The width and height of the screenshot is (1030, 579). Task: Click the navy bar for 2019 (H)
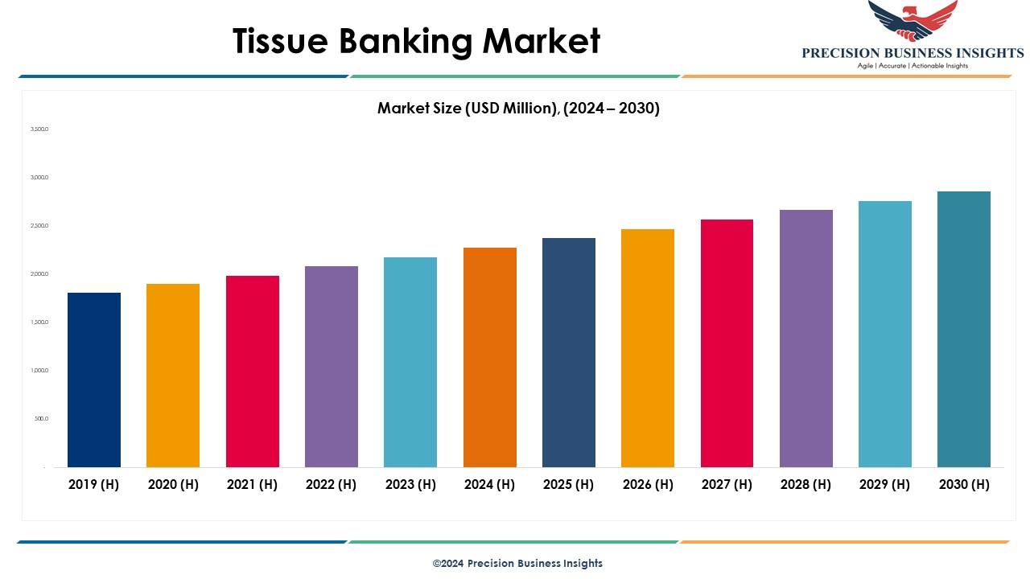[x=94, y=380]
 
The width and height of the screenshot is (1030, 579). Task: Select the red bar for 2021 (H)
[x=253, y=372]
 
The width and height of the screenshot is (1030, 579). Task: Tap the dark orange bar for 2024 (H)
[x=490, y=357]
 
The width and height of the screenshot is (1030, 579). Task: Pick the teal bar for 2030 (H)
[x=964, y=329]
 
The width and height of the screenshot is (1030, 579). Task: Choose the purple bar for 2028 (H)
[x=806, y=339]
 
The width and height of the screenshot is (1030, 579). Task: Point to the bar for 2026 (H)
[x=648, y=348]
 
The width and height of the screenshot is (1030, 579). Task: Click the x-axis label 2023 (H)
[x=410, y=484]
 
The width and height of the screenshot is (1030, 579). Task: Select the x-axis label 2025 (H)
[x=568, y=484]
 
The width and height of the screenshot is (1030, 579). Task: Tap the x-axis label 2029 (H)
[x=885, y=484]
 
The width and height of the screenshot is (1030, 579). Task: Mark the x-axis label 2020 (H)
[x=173, y=484]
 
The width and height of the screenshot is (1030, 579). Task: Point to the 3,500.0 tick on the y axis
[x=39, y=129]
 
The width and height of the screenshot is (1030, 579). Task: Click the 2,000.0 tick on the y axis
[x=39, y=274]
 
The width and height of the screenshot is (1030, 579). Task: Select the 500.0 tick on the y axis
[x=41, y=419]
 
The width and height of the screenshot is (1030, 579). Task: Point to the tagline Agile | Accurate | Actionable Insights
[x=913, y=66]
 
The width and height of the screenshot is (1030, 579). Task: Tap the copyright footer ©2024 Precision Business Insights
[x=517, y=563]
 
